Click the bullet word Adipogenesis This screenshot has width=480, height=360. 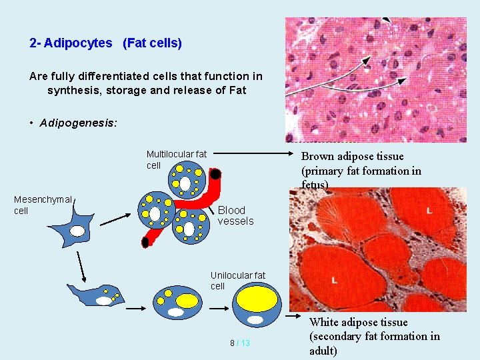click(77, 123)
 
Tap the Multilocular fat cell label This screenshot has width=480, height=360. click(176, 160)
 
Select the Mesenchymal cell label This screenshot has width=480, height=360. click(42, 205)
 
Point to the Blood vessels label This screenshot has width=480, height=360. click(235, 215)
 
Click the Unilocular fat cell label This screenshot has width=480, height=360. click(237, 281)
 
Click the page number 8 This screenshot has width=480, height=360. click(232, 343)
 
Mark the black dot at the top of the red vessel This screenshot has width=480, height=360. click(216, 175)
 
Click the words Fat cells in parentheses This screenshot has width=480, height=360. click(152, 43)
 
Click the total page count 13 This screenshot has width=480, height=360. click(245, 343)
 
